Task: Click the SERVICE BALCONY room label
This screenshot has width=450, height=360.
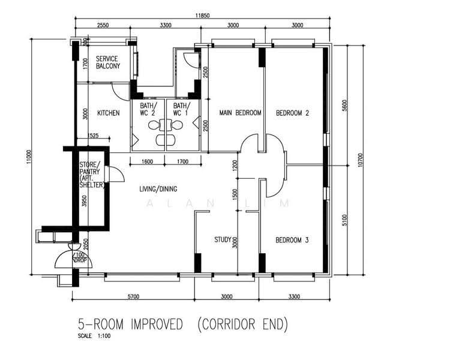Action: click(108, 62)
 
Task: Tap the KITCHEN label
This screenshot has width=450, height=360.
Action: click(109, 113)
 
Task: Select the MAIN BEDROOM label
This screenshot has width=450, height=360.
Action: click(240, 113)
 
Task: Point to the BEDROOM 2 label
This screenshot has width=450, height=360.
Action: click(292, 113)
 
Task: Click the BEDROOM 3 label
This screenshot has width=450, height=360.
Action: click(292, 240)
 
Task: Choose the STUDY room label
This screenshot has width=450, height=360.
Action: click(223, 239)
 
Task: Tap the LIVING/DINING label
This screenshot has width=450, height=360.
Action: click(158, 189)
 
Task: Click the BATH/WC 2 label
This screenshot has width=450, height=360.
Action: click(148, 109)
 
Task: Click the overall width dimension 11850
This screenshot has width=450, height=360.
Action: click(203, 16)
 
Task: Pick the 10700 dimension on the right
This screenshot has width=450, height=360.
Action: click(361, 160)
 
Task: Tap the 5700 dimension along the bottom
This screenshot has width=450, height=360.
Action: click(133, 296)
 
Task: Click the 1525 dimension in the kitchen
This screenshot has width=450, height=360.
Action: click(92, 135)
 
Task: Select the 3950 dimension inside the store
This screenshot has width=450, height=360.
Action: click(84, 200)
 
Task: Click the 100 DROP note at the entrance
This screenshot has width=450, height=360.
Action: click(80, 257)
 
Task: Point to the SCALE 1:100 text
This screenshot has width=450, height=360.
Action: click(94, 335)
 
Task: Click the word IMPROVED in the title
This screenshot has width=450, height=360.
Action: click(157, 325)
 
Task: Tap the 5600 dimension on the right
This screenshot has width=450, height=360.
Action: click(344, 106)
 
